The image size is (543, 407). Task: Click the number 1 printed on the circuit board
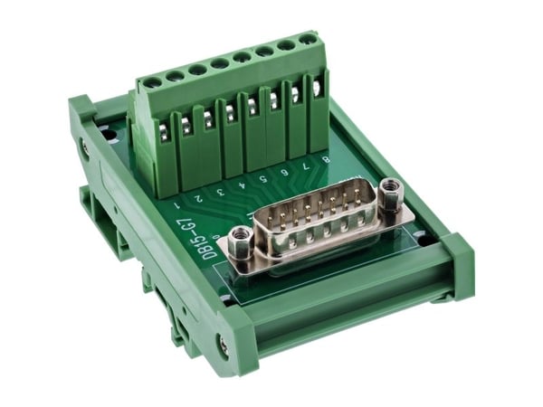(x=177, y=205)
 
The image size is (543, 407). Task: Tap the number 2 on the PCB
(x=198, y=198)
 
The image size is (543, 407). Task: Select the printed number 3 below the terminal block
(x=221, y=192)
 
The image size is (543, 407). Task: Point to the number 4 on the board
(x=242, y=185)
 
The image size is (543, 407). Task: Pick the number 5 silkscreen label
(x=262, y=178)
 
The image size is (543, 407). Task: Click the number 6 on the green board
(x=285, y=172)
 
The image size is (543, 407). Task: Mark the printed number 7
(x=305, y=166)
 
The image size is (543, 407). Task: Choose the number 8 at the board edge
(x=326, y=159)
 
